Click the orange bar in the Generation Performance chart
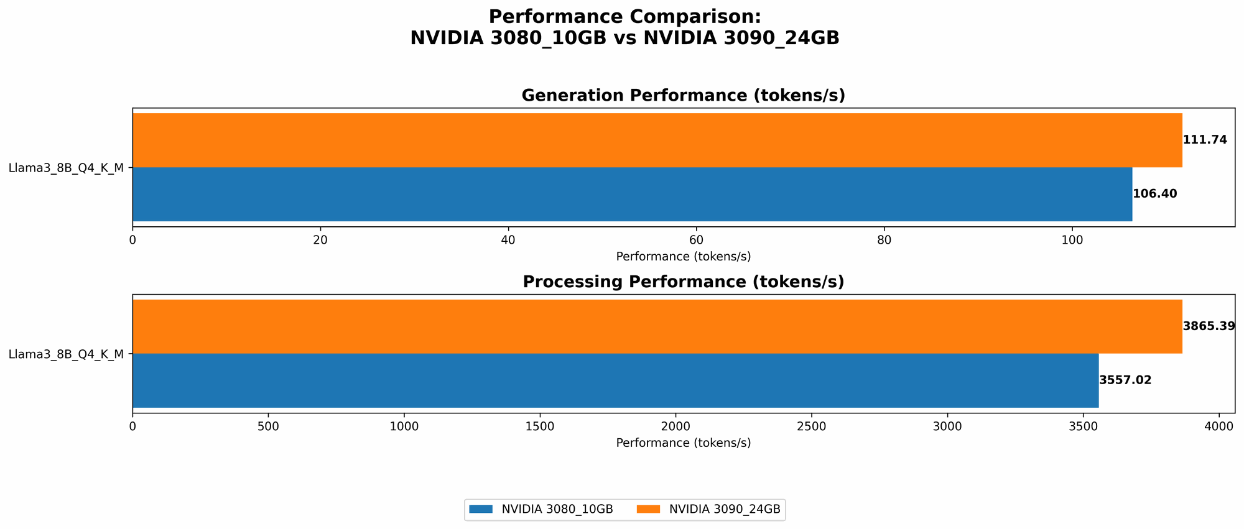(657, 140)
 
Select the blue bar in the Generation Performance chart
(632, 194)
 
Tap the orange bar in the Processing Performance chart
(657, 326)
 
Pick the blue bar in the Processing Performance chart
(615, 380)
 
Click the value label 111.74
(1205, 140)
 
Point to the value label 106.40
(1155, 194)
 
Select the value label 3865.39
(1209, 326)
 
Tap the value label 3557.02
(1125, 380)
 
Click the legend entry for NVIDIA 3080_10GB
(541, 509)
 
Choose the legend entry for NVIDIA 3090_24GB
(709, 509)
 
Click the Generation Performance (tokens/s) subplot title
(683, 95)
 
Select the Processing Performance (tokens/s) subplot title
(683, 282)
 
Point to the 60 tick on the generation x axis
(696, 239)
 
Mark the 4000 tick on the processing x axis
(1218, 426)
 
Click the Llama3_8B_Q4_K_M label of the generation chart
(66, 167)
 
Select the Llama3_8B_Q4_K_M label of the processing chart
(66, 354)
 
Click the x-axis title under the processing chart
(683, 443)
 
